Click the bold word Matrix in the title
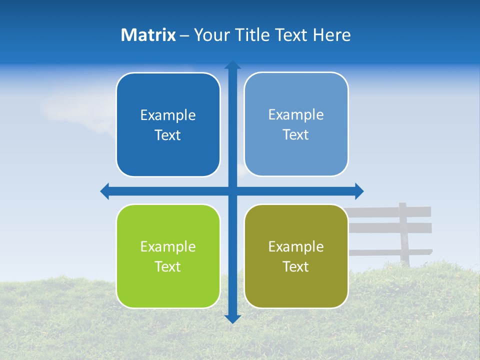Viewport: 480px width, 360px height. coord(148,35)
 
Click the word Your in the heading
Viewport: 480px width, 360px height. coord(211,35)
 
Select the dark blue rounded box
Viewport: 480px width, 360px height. coord(168,124)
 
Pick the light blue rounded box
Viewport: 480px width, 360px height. coord(296,124)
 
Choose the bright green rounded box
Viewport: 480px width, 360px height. coord(168,256)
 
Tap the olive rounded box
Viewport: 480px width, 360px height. coord(296,256)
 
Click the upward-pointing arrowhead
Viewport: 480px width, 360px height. coord(232,64)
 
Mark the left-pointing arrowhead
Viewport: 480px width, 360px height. coord(104,191)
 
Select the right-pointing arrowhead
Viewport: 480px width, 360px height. coord(359,191)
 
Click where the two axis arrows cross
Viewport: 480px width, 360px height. coord(232,191)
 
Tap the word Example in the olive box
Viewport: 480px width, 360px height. coord(296,246)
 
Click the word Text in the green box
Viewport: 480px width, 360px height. coord(168,266)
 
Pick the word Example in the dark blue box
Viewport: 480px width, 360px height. coord(168,115)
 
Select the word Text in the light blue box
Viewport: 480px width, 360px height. coord(296,134)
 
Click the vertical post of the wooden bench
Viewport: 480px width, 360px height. coord(403,235)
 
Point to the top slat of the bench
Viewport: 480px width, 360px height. coord(390,211)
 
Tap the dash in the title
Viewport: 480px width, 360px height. coord(184,35)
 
